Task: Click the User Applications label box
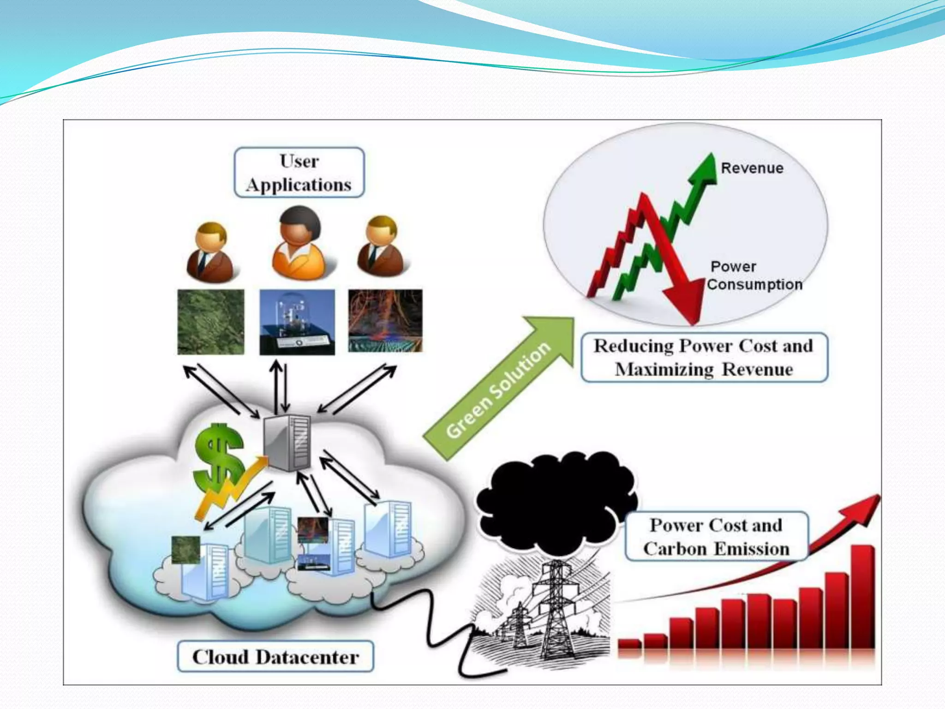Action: click(x=299, y=173)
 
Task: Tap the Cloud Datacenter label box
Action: click(x=275, y=656)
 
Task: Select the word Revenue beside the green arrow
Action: click(x=752, y=168)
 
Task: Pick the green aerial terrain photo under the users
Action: click(x=211, y=322)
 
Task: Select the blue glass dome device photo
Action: click(x=297, y=322)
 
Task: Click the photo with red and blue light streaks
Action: click(x=385, y=321)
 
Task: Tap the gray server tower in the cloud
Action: click(x=287, y=442)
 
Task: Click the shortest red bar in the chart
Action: click(x=629, y=643)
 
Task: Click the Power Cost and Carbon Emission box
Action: click(x=716, y=537)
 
